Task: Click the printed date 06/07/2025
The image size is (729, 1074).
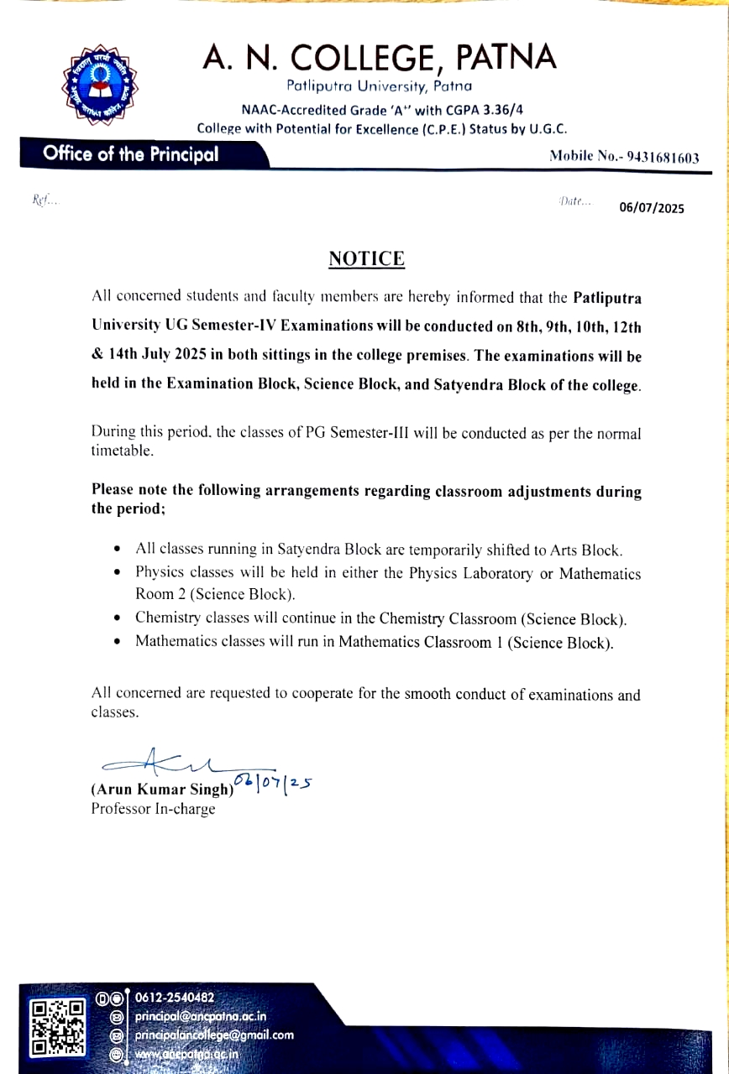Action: [652, 208]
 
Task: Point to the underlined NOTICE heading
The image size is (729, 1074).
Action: [366, 258]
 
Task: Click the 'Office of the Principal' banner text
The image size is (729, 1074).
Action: [130, 154]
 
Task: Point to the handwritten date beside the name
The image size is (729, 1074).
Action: [273, 782]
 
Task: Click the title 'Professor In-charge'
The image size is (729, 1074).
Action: [153, 809]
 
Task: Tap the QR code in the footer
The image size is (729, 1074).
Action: [58, 1027]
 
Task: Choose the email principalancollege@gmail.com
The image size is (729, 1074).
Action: [214, 1035]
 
